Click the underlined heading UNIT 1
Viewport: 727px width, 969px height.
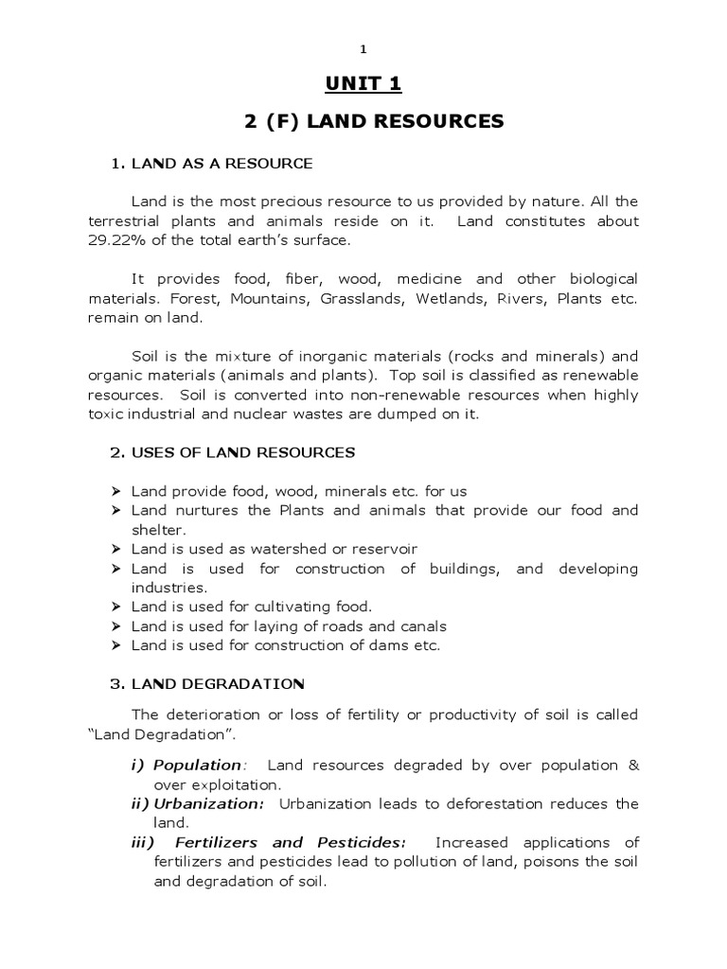363,85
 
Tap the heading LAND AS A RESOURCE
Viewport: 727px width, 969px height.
222,164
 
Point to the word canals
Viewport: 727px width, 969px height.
423,626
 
